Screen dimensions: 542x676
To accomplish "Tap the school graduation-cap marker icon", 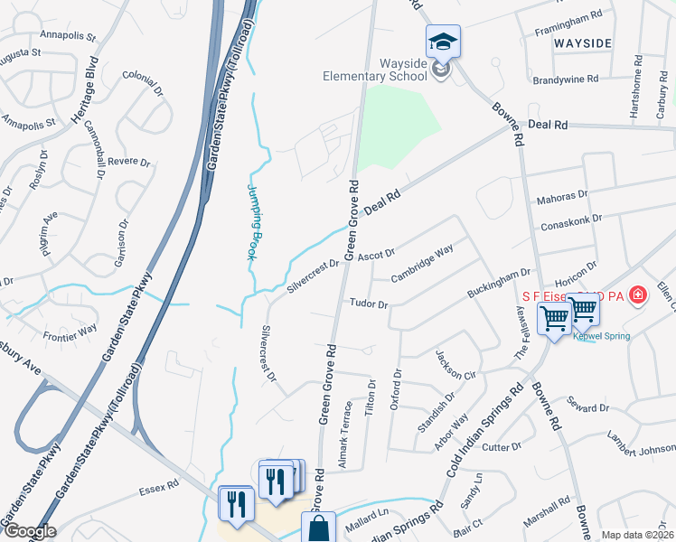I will (x=443, y=42).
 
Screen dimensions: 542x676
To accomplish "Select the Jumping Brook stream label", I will (x=255, y=222).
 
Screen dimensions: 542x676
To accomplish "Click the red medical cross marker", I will (x=638, y=294).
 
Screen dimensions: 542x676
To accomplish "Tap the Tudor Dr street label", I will (x=368, y=304).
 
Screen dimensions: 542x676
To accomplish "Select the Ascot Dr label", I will (x=376, y=256).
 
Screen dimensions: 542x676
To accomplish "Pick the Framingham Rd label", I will (x=568, y=15).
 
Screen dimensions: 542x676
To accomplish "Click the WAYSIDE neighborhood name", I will (x=583, y=43).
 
